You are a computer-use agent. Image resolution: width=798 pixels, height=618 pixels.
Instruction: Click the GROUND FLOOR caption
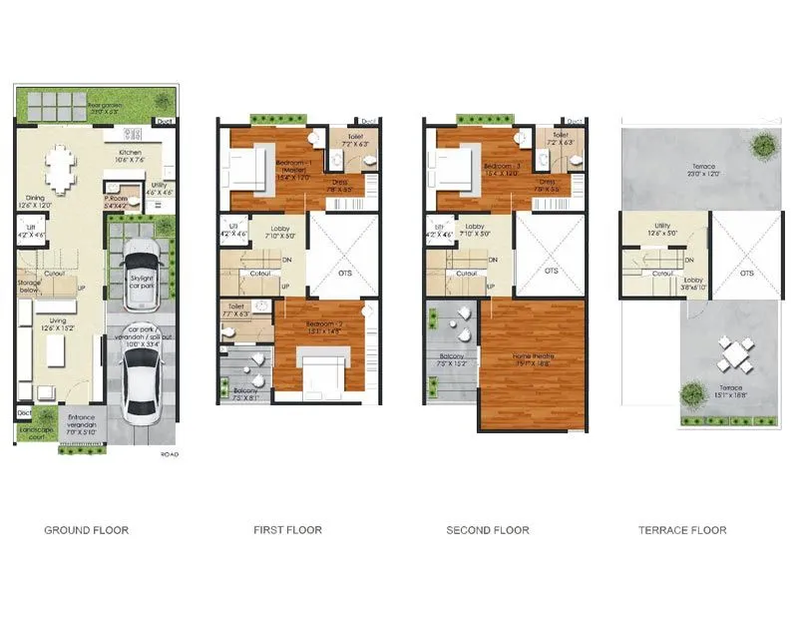click(86, 530)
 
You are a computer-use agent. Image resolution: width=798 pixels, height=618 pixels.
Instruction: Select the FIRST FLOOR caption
click(287, 530)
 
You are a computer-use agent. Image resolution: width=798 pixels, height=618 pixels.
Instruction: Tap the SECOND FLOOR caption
click(488, 530)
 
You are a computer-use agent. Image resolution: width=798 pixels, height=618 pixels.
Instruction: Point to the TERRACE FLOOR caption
click(682, 530)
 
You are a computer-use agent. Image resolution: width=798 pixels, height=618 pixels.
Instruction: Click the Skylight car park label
click(141, 282)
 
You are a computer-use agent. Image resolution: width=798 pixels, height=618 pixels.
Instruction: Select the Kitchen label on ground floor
click(130, 155)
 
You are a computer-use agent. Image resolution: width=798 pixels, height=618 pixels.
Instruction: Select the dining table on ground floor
click(61, 170)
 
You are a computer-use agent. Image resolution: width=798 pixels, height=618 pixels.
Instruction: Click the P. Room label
click(118, 200)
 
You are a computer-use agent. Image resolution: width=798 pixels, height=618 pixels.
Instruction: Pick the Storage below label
click(29, 289)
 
